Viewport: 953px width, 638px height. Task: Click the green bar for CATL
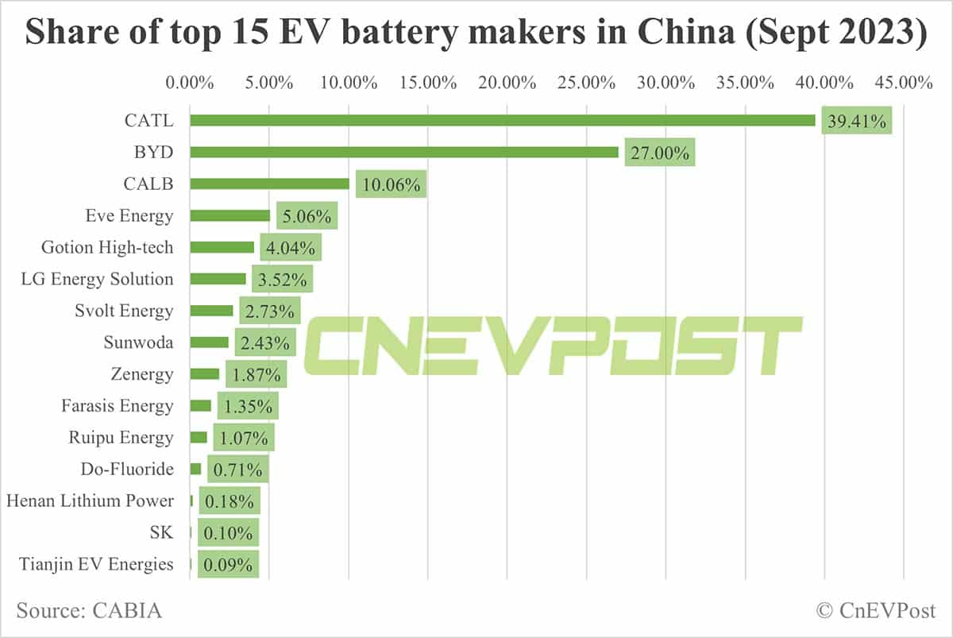tap(502, 120)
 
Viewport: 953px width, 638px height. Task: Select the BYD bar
tap(403, 152)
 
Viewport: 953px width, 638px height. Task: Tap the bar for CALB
tap(269, 184)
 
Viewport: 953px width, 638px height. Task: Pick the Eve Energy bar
tap(230, 215)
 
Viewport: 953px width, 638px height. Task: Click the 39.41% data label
tap(856, 121)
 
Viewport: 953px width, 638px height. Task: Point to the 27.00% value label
tap(659, 153)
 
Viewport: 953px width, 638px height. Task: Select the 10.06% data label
tap(391, 184)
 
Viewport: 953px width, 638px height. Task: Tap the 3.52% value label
tap(282, 279)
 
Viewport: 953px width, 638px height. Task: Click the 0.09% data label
tap(228, 565)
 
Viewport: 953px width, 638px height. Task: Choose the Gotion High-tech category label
tap(107, 247)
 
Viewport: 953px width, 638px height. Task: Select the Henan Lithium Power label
tap(90, 501)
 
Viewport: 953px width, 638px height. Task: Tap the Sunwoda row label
tap(138, 342)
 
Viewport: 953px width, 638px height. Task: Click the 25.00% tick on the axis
tap(587, 83)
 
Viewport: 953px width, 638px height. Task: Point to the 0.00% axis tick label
tap(190, 83)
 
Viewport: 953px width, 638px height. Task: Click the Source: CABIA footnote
tap(89, 611)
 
